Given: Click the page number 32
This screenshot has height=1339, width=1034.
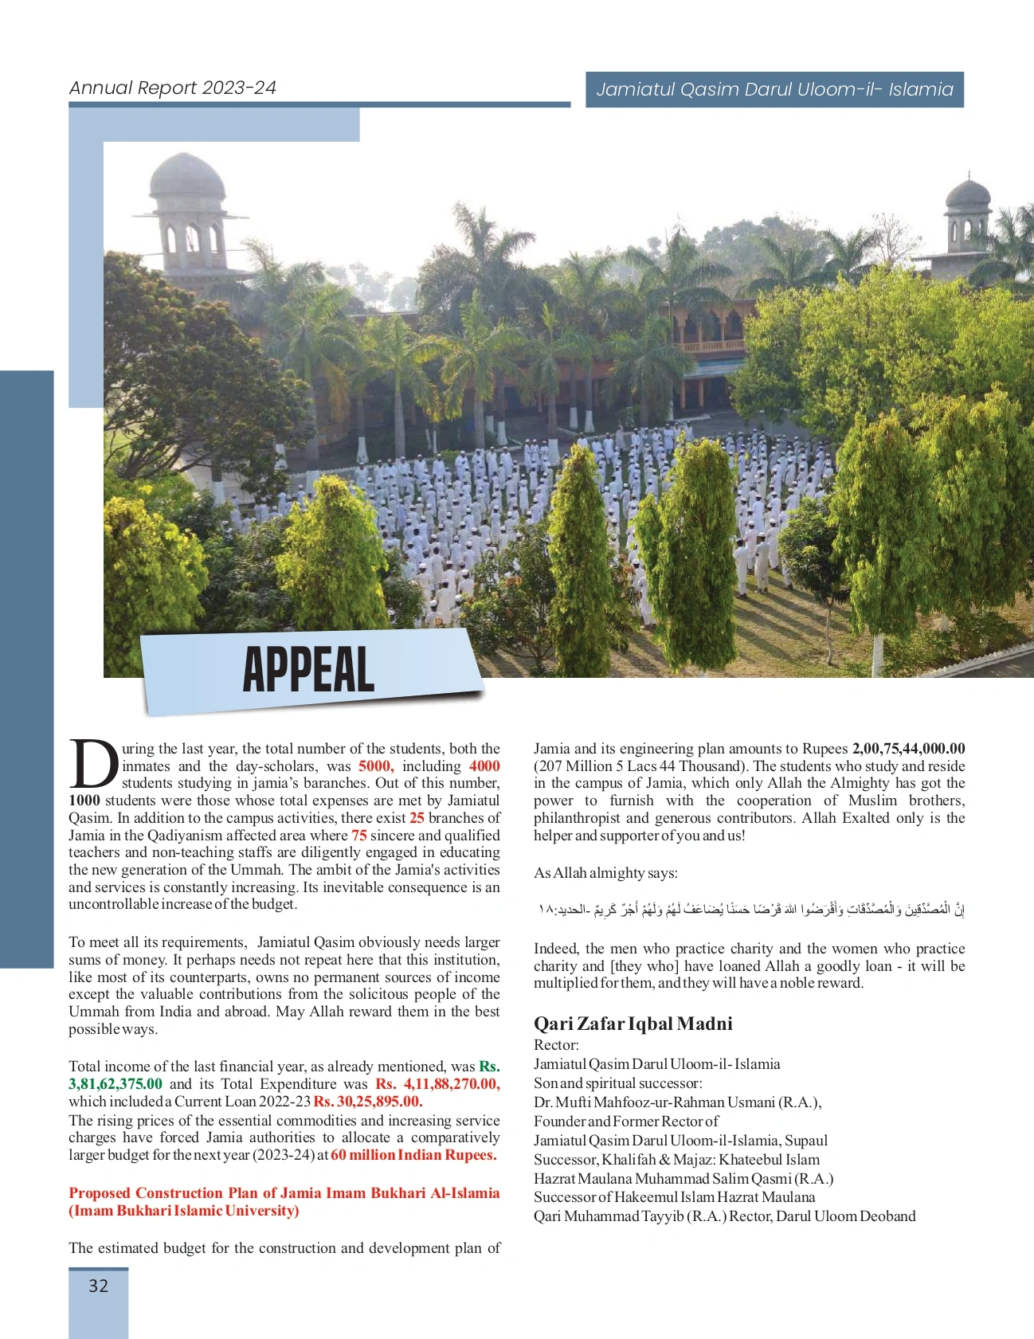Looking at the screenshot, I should pyautogui.click(x=98, y=1286).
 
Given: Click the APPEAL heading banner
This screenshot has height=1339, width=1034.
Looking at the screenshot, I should pyautogui.click(x=309, y=670).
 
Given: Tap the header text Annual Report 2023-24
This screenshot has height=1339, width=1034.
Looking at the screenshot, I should pyautogui.click(x=172, y=88).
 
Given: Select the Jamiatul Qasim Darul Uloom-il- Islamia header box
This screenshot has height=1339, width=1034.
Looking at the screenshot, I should pyautogui.click(x=774, y=89).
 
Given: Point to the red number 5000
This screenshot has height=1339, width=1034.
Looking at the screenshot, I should pyautogui.click(x=375, y=766).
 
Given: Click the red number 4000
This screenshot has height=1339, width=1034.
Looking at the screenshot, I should pyautogui.click(x=484, y=766).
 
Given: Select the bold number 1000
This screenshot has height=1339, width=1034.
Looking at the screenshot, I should pyautogui.click(x=84, y=801).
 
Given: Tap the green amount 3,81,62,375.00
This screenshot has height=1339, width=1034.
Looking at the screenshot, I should pyautogui.click(x=116, y=1084).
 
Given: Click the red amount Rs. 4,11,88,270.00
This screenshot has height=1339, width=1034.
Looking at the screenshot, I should pyautogui.click(x=437, y=1084).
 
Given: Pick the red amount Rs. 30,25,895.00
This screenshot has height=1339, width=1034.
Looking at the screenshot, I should pyautogui.click(x=368, y=1102).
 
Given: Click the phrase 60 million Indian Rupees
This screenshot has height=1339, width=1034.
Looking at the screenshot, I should pyautogui.click(x=413, y=1155).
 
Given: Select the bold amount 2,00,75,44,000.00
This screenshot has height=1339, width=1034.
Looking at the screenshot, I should pyautogui.click(x=908, y=749).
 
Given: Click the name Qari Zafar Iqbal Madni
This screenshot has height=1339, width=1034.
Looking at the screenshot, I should pyautogui.click(x=633, y=1024).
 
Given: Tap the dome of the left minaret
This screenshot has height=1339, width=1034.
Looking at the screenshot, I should pyautogui.click(x=187, y=175).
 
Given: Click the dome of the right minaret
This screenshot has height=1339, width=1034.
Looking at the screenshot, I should pyautogui.click(x=967, y=194).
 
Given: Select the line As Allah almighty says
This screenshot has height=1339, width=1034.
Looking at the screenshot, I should pyautogui.click(x=605, y=873).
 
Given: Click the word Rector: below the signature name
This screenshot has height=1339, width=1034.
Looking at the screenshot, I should pyautogui.click(x=556, y=1045).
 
